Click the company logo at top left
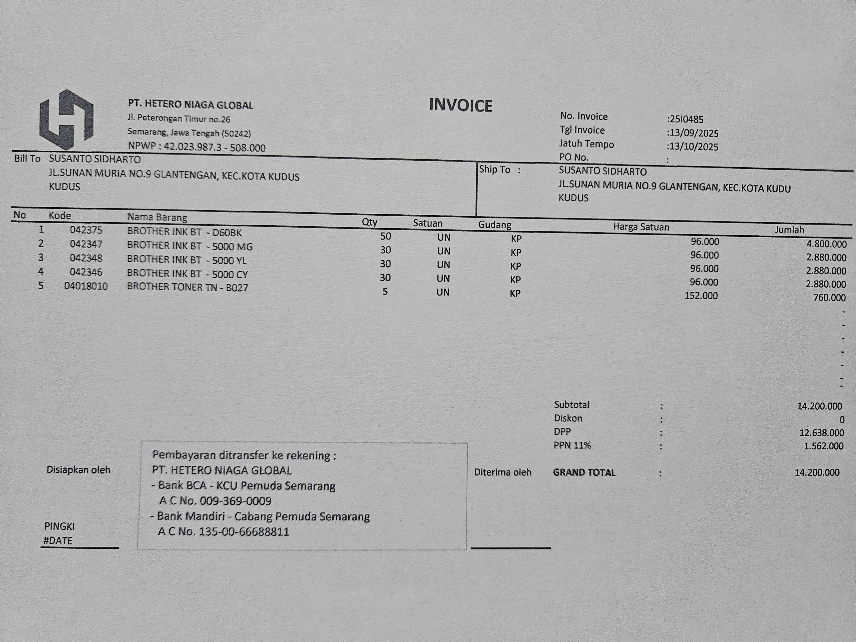tap(66, 120)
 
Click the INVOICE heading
tap(461, 105)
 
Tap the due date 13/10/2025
tap(694, 147)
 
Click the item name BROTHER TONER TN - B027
tap(188, 287)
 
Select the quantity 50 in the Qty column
tap(385, 236)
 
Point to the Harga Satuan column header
tap(641, 227)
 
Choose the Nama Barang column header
tap(157, 217)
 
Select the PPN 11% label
tap(572, 445)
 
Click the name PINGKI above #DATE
tap(59, 526)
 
